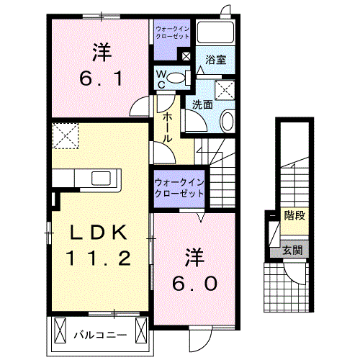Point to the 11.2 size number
click(99, 257)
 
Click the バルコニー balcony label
click(100, 334)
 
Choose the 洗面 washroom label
click(202, 104)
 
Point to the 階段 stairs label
click(293, 215)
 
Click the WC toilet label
click(161, 78)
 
